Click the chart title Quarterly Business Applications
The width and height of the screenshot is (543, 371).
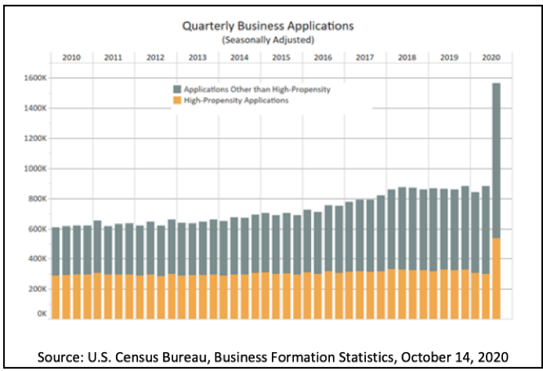coord(268,26)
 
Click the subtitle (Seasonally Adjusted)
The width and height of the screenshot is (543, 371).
coord(268,38)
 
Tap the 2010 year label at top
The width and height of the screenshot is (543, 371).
coord(71,57)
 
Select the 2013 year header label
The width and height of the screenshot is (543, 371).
coord(197,57)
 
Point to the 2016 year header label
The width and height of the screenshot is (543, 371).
coord(323,57)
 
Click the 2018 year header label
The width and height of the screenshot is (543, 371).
coord(407,57)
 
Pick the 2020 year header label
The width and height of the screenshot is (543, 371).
coord(491,57)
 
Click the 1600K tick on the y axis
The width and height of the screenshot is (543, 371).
coord(35,78)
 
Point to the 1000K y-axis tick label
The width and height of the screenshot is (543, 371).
coord(35,168)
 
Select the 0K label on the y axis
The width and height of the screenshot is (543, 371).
coord(42,313)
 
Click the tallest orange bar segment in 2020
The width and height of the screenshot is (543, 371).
coord(496,278)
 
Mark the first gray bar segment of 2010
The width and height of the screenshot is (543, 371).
coord(56,251)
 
